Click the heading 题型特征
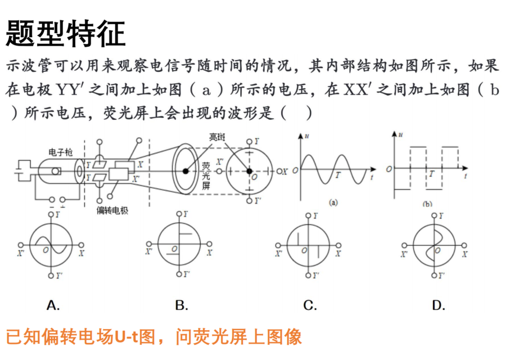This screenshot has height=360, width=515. pos(66,34)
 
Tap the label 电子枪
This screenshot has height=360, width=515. pos(60,152)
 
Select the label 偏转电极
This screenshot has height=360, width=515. pos(112,210)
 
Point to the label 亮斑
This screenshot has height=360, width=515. pos(218,137)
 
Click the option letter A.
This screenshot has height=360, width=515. pos(53,305)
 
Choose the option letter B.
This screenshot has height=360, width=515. pos(182,305)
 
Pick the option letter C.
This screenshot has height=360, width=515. pos(310,305)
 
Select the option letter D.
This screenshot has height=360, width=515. pos(439,305)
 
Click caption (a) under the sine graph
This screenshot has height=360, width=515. pos(333,202)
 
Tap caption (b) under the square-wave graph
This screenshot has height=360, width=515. pos(427,204)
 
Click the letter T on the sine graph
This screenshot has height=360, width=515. pos(338,175)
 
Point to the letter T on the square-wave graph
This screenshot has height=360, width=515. pos(432,174)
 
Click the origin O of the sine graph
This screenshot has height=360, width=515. pos(295,170)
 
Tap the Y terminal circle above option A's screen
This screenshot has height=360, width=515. pos(51,214)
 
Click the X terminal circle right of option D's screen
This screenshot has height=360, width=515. pos(464,245)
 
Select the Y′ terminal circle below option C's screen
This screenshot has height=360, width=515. pos(308,276)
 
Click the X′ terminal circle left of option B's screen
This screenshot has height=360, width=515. pos(149,244)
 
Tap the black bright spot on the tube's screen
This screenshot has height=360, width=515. pos(186,171)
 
